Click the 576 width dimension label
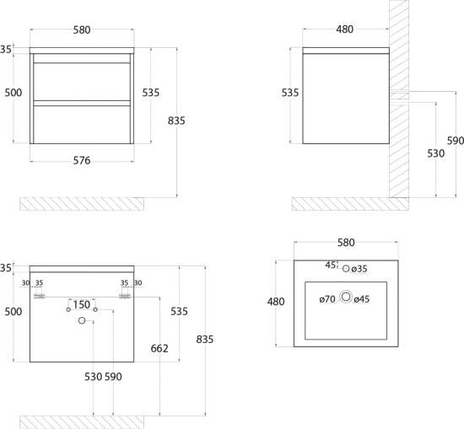coord(82,160)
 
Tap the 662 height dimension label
coord(159,349)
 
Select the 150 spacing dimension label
coord(81,304)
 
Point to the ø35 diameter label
coord(359,269)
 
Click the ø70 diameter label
coord(327,299)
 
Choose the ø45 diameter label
coord(362,299)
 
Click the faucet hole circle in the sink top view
coord(346,269)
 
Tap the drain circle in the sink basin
coord(346,297)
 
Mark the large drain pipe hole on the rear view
coord(82,320)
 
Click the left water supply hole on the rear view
coord(68,309)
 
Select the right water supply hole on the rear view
coord(95,309)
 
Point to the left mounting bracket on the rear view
coord(39,296)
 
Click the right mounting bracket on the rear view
coord(125,296)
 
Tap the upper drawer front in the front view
coord(82,82)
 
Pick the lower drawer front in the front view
coord(82,125)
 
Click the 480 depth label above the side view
coord(345,29)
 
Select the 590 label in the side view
coord(456,141)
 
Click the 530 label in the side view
coord(436,153)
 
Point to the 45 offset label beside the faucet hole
coord(331,265)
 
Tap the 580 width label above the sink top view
coord(346,243)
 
